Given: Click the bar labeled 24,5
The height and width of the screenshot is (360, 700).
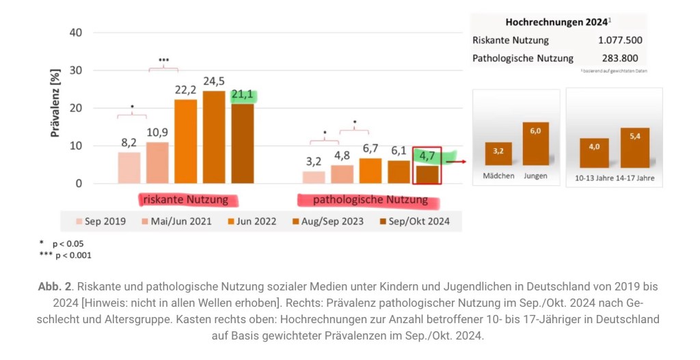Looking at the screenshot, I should click(x=214, y=137).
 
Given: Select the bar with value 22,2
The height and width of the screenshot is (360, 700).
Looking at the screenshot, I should click(x=185, y=141).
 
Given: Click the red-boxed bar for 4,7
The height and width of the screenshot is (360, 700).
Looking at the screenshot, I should click(x=427, y=174).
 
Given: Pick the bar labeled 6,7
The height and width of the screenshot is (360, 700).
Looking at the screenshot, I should click(x=371, y=171).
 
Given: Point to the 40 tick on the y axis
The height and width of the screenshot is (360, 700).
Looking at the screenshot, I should click(x=75, y=33).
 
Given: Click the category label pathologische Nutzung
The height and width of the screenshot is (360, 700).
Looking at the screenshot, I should click(x=370, y=200).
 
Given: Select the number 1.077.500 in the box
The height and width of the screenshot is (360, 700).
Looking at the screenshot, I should click(x=619, y=40).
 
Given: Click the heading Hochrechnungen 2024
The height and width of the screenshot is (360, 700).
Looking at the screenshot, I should click(x=556, y=22).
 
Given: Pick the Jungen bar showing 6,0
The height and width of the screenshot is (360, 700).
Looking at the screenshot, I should click(x=536, y=144).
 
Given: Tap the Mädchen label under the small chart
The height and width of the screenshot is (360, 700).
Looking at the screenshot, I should click(x=498, y=176).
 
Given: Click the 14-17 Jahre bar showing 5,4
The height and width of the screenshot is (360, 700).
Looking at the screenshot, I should click(x=634, y=148).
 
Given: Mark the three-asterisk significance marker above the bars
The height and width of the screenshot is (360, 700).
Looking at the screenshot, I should click(x=164, y=60).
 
